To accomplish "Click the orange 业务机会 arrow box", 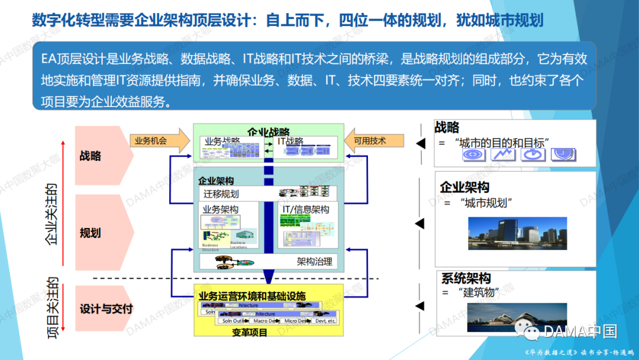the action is tap(151, 141).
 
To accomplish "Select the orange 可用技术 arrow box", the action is tap(370, 141).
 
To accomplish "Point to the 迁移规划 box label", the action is tap(221, 194).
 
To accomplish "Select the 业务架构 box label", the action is tap(221, 209).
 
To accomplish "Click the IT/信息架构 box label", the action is tap(306, 209).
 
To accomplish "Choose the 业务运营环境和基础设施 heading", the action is tap(252, 295).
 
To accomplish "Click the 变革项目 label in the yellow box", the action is tap(250, 332).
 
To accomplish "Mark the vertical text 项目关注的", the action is tap(52, 308).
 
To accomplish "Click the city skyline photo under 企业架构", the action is tap(518, 230).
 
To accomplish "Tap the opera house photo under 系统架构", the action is tap(517, 317).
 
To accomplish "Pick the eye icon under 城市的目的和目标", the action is tap(473, 155).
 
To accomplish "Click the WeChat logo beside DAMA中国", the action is tap(527, 332).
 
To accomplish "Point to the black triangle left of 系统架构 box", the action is tap(420, 306).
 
